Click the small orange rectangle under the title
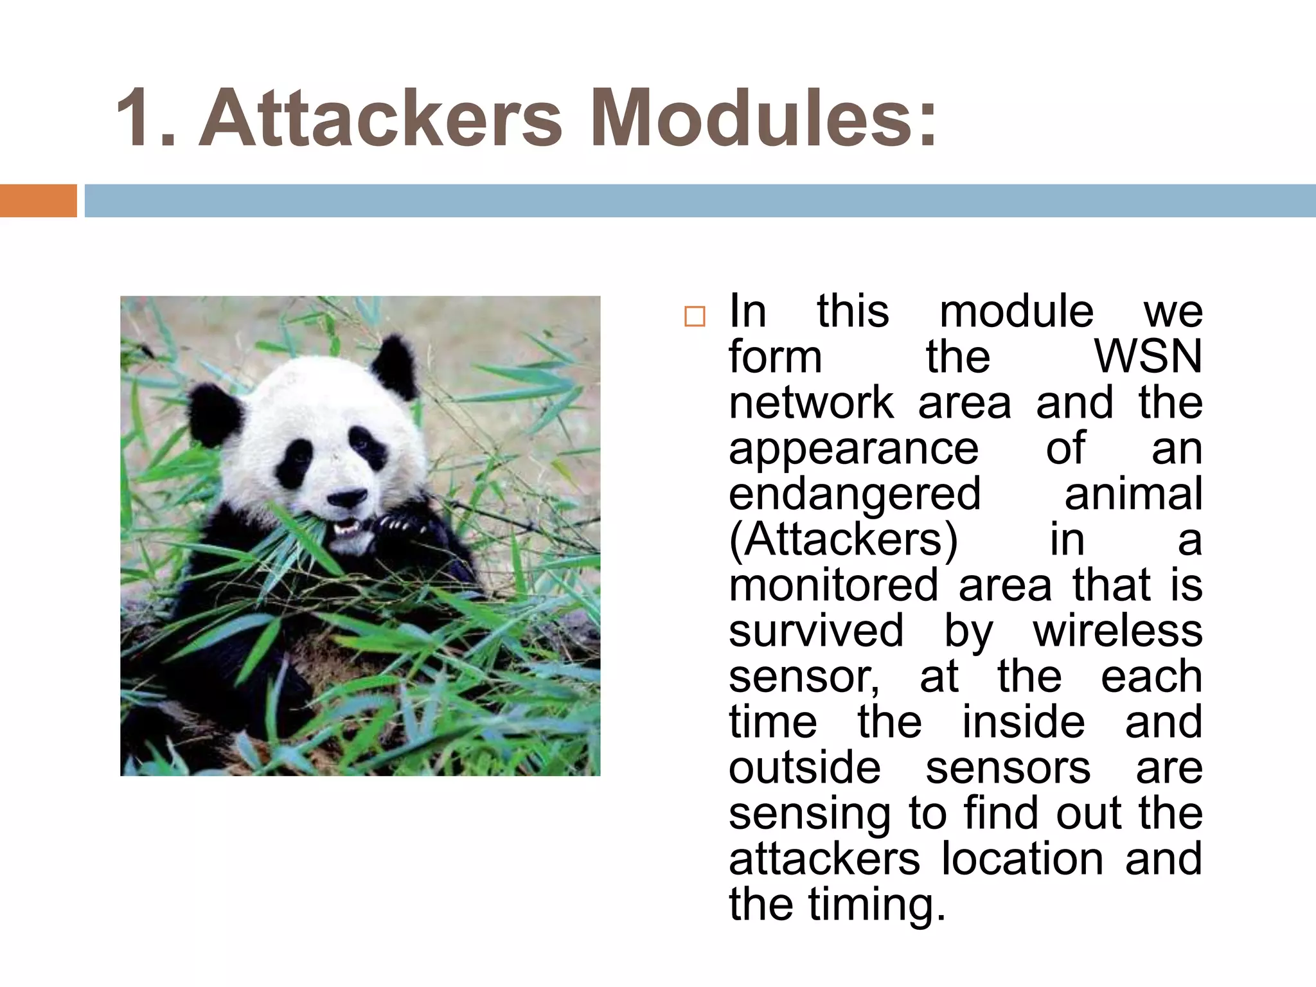38,200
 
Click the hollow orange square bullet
694,317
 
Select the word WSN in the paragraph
1148,357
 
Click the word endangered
855,494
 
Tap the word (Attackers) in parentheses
843,540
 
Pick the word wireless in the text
1117,631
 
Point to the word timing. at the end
876,905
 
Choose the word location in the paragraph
1022,859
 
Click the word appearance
853,449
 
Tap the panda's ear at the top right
395,366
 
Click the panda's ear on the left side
215,414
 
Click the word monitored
833,585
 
